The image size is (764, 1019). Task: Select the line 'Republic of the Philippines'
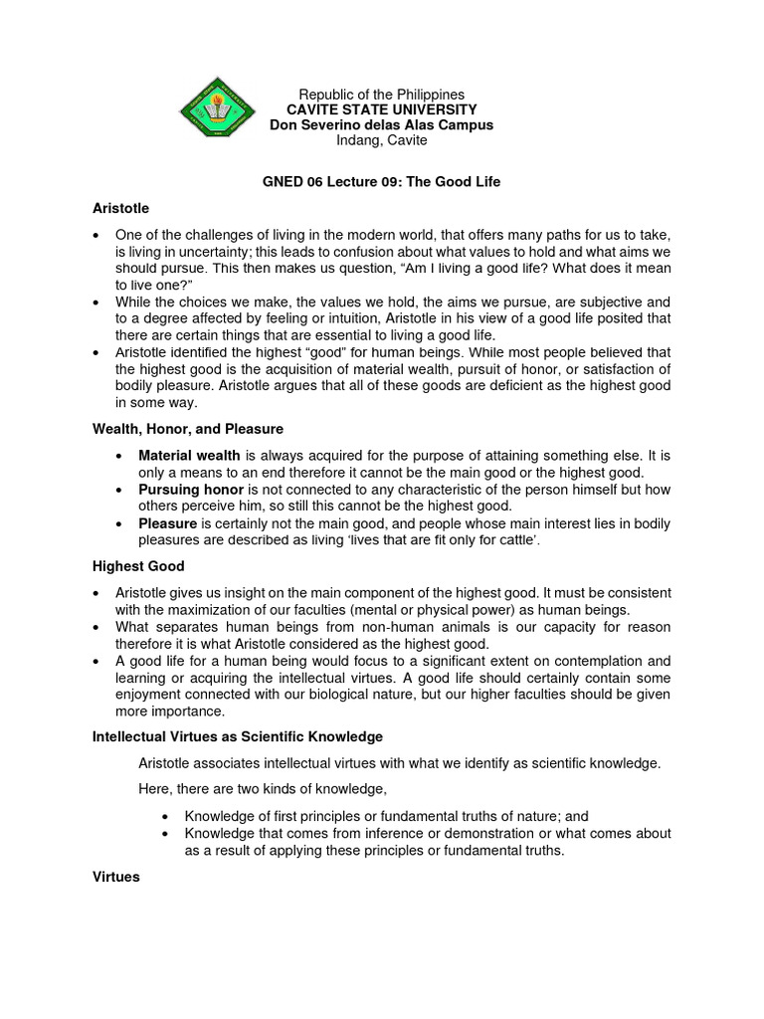382,94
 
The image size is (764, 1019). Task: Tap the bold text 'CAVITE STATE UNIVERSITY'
382,109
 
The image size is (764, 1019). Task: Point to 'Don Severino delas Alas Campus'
382,125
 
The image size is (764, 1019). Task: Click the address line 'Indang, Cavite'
382,140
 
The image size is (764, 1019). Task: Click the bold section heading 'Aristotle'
120,208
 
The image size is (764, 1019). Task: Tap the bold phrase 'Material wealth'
189,456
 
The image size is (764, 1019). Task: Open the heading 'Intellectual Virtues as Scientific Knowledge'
237,737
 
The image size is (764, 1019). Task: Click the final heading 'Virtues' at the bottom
116,879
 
